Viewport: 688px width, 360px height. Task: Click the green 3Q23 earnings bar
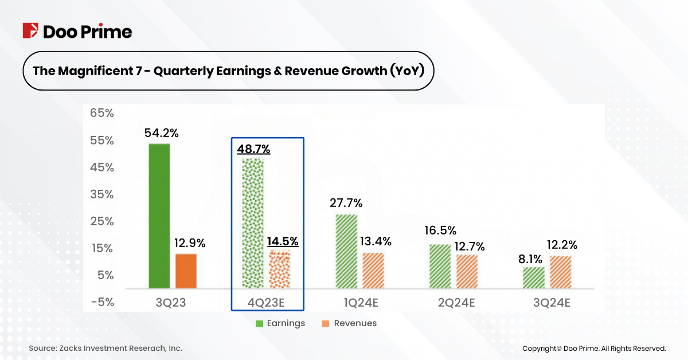(x=159, y=216)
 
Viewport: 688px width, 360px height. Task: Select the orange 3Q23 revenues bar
(x=186, y=271)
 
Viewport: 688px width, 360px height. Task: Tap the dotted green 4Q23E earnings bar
(x=252, y=223)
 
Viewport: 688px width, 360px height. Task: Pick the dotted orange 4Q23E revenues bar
(x=280, y=269)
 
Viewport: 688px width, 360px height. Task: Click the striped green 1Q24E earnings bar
(x=346, y=251)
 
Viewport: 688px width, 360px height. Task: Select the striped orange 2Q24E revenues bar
(x=467, y=271)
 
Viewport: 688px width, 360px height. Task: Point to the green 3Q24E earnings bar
(x=534, y=277)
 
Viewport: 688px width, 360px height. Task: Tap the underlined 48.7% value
(x=253, y=149)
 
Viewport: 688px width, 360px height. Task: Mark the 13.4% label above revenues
(x=376, y=242)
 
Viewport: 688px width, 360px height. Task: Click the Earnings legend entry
(x=280, y=323)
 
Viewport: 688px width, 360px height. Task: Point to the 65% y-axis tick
(x=102, y=114)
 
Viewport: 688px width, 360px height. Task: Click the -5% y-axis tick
(x=102, y=302)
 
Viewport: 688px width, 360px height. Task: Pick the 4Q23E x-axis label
(x=267, y=303)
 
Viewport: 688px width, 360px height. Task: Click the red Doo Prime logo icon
(x=30, y=31)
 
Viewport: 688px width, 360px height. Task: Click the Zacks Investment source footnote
(x=105, y=349)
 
